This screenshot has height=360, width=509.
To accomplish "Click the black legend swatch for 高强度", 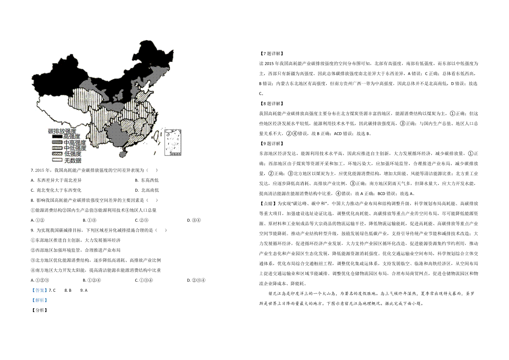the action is point(57,137).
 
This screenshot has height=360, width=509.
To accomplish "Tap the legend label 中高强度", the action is point(75,142).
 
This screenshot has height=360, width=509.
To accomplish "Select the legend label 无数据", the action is point(73,160).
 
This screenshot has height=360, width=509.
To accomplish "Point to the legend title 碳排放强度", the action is point(62,131).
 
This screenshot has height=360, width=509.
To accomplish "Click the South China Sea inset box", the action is point(173,142).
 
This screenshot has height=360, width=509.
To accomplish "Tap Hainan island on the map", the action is point(123,154).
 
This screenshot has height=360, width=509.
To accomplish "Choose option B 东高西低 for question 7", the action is point(147,180).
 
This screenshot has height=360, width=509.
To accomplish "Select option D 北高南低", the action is point(147,190).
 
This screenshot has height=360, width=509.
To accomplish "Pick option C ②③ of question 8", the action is point(142,220).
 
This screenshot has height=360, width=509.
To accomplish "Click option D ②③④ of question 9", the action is point(196,280).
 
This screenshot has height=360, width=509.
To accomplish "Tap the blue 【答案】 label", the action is point(39,290).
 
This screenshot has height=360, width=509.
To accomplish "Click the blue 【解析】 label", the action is point(39,300).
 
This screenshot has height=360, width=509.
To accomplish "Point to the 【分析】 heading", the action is point(39,310).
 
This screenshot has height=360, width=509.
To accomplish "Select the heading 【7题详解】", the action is point(271,53).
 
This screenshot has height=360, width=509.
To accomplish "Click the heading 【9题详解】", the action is point(271,144).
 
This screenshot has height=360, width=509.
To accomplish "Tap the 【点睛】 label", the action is point(268,204).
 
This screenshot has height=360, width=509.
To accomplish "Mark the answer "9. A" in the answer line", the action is point(84,290).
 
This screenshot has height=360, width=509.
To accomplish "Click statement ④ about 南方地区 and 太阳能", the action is point(96,270).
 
